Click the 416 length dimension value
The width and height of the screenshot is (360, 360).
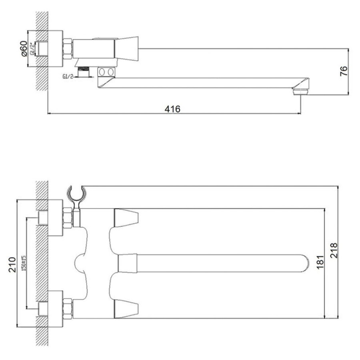pyautogui.click(x=172, y=109)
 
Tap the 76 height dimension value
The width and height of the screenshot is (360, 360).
pyautogui.click(x=344, y=71)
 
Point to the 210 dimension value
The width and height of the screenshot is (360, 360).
pyautogui.click(x=12, y=265)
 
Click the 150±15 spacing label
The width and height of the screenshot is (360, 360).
pyautogui.click(x=24, y=264)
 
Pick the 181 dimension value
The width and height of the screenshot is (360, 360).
pyautogui.click(x=320, y=262)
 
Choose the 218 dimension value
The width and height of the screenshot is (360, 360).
pyautogui.click(x=334, y=250)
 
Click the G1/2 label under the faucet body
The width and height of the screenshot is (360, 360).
pyautogui.click(x=68, y=77)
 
